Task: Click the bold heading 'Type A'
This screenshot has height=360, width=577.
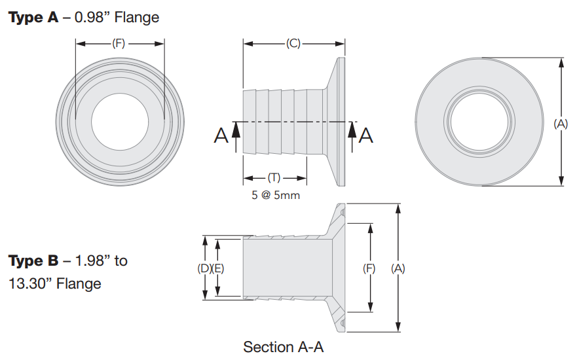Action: [33, 18]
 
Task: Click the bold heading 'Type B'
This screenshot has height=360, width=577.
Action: [34, 261]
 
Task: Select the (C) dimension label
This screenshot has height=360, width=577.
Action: [293, 44]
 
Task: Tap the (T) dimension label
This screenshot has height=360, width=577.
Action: [276, 178]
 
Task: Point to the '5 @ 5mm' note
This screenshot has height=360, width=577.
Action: [276, 195]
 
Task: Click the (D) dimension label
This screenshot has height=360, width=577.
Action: [204, 268]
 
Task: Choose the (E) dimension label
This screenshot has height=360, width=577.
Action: [218, 268]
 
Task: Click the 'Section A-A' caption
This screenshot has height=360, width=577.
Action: [283, 346]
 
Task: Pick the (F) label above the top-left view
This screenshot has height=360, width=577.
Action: [119, 44]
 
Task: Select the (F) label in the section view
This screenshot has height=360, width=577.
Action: [370, 268]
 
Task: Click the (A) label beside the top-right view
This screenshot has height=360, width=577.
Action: [561, 122]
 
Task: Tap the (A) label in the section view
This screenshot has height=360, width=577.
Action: [398, 268]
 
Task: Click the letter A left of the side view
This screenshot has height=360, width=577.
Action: [221, 135]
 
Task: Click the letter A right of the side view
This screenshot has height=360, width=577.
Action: [367, 135]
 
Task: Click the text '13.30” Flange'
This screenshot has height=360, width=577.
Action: [55, 283]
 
